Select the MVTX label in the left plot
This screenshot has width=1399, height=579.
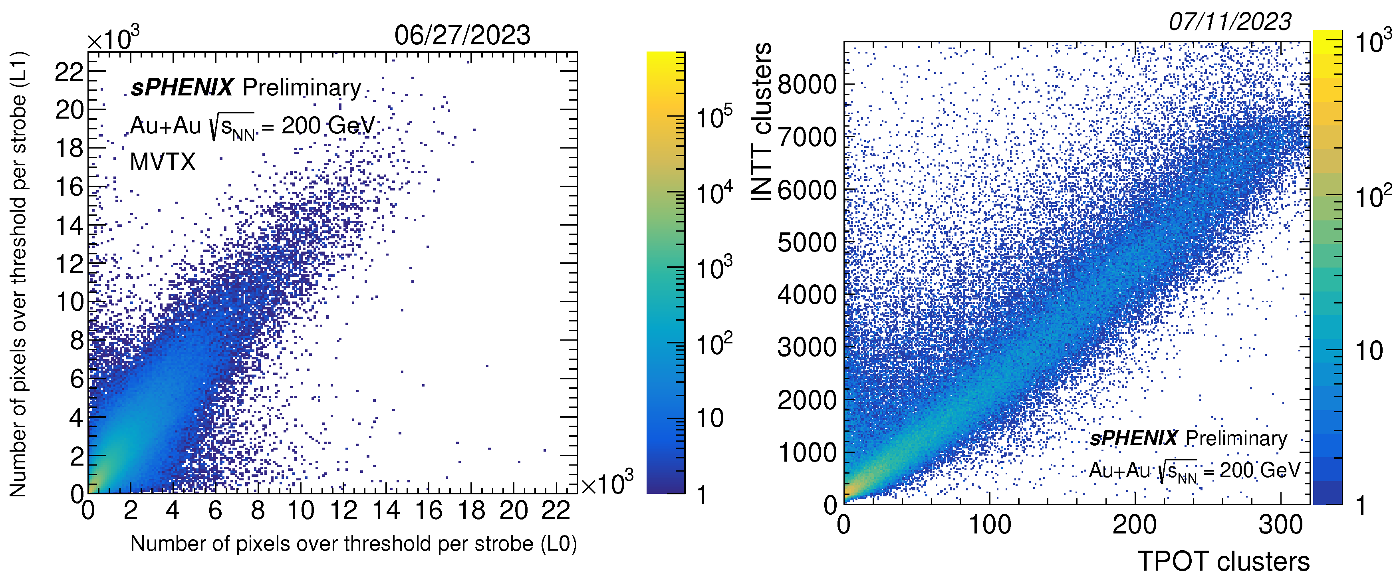coord(163,162)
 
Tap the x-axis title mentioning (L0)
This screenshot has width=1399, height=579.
coord(353,544)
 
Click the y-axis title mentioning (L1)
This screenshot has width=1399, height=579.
coord(18,274)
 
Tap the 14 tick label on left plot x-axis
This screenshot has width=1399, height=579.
coord(386,511)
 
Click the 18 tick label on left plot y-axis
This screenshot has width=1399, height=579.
coord(69,148)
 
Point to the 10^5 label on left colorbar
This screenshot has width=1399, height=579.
coord(714,117)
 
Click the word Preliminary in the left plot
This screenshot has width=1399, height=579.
coord(302,88)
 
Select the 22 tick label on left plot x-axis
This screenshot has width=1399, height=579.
coord(556,511)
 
